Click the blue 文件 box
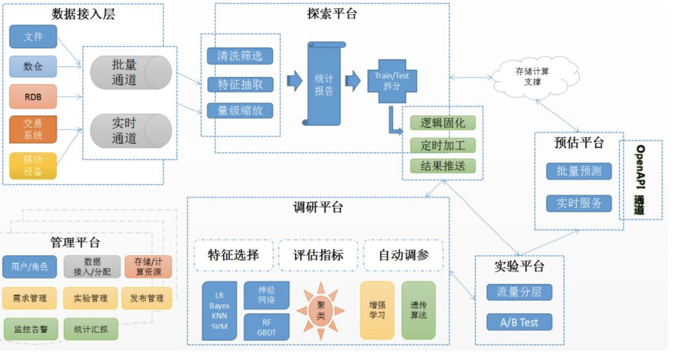click(x=33, y=37)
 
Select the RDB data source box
click(x=33, y=96)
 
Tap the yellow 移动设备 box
click(x=33, y=165)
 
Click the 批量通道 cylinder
click(x=131, y=73)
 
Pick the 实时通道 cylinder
click(x=131, y=131)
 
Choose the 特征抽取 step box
click(x=240, y=85)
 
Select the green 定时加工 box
click(x=442, y=145)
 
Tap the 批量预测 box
click(x=579, y=172)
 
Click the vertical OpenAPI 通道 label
click(x=641, y=179)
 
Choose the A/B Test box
click(x=519, y=322)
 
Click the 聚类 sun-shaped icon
click(x=320, y=311)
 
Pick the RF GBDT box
click(x=266, y=327)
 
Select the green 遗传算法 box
click(x=418, y=310)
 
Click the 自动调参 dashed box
click(x=403, y=255)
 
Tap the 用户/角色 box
click(x=29, y=267)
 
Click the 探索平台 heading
click(x=332, y=14)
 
